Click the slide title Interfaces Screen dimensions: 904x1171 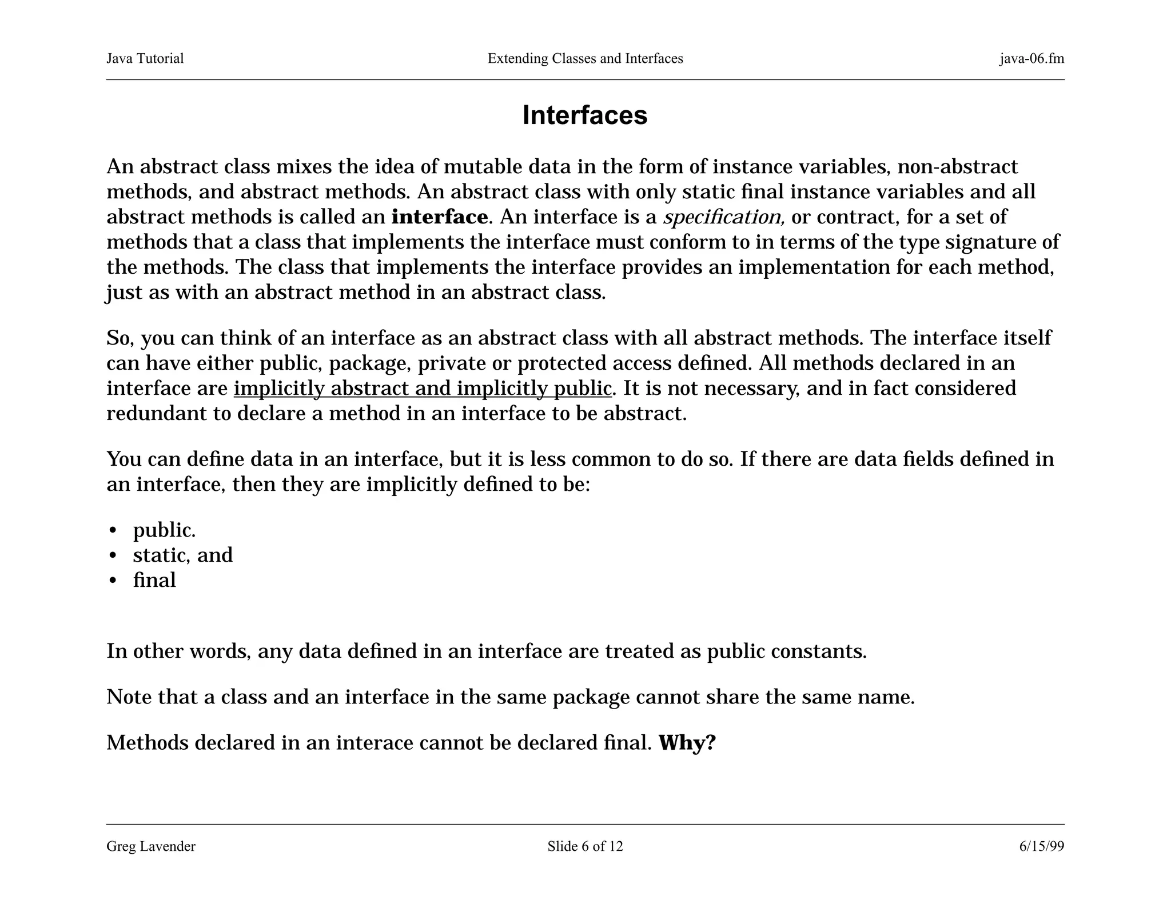584,115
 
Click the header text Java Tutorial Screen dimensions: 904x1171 145,58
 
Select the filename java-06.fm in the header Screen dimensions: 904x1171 1031,58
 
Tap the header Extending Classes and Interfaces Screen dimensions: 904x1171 585,58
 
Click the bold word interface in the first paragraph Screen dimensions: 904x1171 439,217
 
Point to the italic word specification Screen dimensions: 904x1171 723,217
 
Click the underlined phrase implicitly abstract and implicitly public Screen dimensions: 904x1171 423,389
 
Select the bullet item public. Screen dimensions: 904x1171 164,530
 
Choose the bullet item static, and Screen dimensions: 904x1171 182,555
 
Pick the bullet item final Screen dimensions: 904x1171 154,581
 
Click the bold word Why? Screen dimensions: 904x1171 687,743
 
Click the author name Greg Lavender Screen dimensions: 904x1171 151,846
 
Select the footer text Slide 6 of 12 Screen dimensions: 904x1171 585,846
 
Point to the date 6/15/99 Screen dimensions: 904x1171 1041,846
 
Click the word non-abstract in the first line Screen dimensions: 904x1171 958,167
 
